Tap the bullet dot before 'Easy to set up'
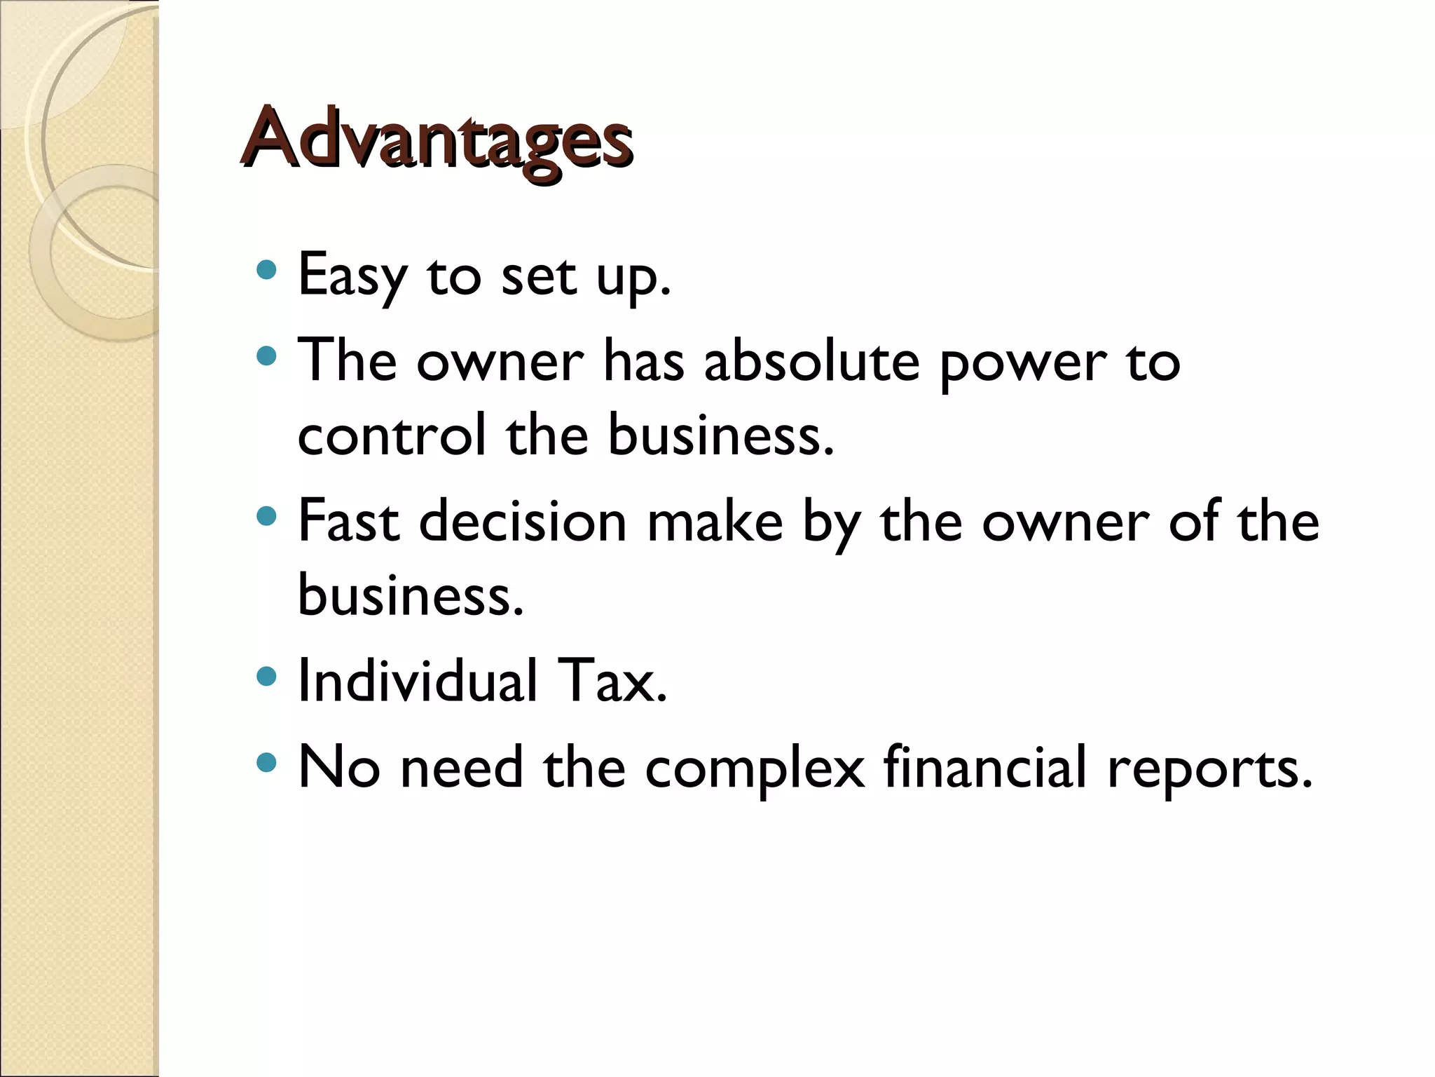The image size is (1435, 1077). (266, 270)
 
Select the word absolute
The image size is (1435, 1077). (811, 363)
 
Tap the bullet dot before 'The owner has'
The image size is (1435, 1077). (266, 357)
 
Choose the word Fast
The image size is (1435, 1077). (349, 522)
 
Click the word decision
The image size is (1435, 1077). (523, 522)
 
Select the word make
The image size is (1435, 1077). (715, 522)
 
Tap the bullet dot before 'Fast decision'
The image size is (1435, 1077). (266, 517)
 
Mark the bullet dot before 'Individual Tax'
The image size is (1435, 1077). (266, 676)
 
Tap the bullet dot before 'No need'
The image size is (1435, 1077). (266, 762)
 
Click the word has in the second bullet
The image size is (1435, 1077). (644, 363)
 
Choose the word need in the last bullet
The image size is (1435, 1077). (462, 768)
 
